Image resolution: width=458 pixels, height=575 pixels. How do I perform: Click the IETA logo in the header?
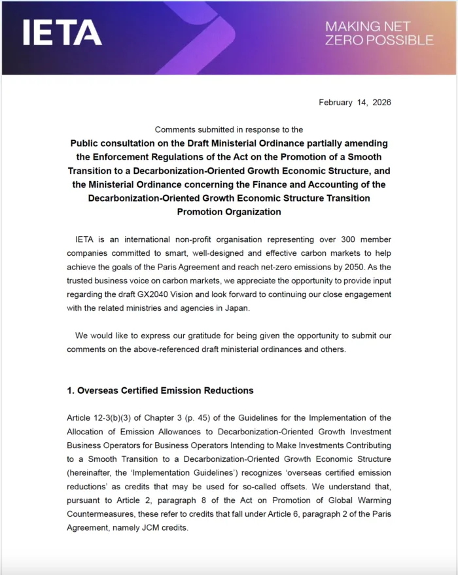click(62, 33)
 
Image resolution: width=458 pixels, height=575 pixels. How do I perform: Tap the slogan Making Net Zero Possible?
click(379, 33)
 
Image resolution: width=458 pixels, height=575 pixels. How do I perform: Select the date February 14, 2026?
click(355, 102)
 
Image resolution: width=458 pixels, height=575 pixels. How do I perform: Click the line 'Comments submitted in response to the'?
click(229, 130)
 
